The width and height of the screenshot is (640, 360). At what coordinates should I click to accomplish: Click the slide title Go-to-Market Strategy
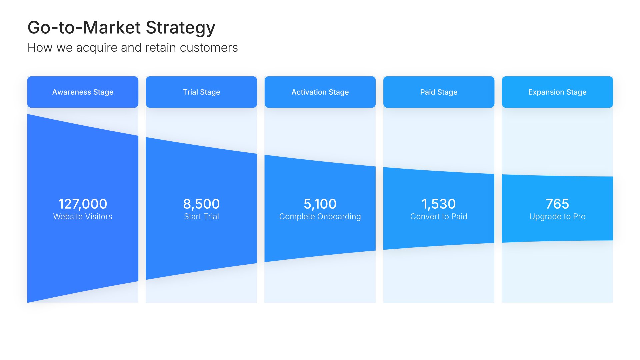121,28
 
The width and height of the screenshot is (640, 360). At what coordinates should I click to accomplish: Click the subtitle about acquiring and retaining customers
133,48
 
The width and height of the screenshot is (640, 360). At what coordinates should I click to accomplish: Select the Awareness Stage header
83,92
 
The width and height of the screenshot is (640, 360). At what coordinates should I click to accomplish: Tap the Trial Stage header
201,92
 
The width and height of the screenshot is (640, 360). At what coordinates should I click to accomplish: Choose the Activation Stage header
320,92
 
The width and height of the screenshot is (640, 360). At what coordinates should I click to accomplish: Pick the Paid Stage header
439,92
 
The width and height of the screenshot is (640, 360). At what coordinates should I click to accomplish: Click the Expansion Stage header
557,92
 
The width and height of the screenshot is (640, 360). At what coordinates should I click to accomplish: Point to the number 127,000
83,204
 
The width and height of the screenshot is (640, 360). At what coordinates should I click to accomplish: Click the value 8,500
201,204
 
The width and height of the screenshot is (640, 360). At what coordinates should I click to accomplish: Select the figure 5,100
320,204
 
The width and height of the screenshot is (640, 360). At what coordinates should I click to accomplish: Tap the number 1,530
439,204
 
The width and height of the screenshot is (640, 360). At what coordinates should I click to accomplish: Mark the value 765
557,204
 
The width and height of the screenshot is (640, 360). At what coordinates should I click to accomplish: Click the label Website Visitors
83,217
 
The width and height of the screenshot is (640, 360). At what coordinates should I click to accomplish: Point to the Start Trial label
201,217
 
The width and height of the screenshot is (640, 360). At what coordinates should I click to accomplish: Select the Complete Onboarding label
320,217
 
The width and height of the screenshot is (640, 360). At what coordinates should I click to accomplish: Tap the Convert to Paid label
439,217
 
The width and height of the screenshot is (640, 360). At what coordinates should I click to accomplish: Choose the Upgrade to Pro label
557,217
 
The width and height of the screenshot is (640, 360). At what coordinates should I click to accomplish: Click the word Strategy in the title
181,28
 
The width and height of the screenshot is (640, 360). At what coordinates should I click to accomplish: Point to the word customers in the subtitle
209,48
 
